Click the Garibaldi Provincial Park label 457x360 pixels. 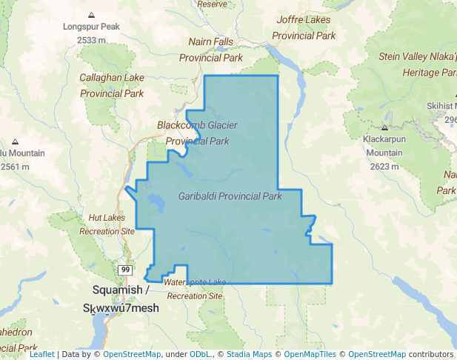(x=230, y=197)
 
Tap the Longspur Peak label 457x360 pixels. (x=91, y=27)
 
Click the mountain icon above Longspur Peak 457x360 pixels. (x=91, y=15)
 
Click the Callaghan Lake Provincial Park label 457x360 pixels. (x=111, y=85)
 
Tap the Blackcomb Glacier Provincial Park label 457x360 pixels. (x=197, y=133)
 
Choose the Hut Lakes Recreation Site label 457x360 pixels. (x=107, y=224)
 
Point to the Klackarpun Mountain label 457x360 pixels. (x=384, y=146)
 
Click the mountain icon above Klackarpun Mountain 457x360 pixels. (x=384, y=127)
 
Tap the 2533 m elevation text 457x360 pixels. (x=91, y=39)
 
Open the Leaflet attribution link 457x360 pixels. (x=41, y=355)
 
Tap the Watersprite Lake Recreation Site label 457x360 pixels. (x=195, y=289)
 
